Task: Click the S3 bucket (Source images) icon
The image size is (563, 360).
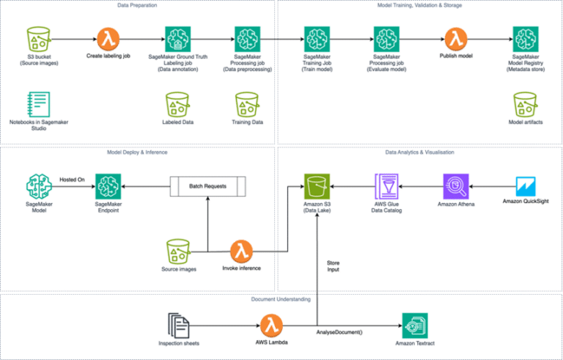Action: tap(36, 39)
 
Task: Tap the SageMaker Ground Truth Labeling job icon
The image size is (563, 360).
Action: tap(177, 38)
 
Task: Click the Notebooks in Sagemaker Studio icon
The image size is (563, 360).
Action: tap(36, 104)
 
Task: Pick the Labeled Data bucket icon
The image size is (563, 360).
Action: tap(177, 104)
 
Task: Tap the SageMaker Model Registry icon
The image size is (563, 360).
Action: tap(525, 38)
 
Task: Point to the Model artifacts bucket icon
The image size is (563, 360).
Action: tap(525, 104)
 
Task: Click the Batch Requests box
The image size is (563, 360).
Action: tap(208, 185)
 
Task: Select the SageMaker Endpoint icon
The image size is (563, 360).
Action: tap(108, 186)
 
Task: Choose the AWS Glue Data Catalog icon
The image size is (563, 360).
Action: tap(386, 185)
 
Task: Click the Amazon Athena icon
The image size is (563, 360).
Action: tap(455, 185)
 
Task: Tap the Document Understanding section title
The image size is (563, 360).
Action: tap(281, 298)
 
